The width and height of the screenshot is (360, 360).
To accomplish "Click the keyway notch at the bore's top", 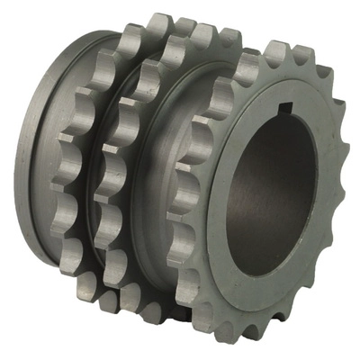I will point(285,112).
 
